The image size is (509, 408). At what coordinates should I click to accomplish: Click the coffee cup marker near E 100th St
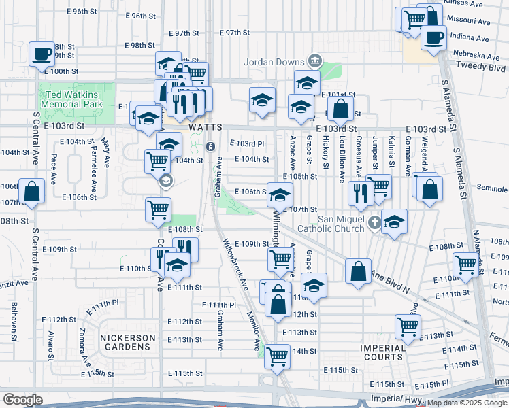[x=42, y=53]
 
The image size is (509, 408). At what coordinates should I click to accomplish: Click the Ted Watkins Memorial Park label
[x=71, y=99]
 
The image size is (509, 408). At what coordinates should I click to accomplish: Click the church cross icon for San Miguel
[x=374, y=222]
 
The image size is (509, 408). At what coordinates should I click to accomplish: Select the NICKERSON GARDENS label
[x=128, y=342]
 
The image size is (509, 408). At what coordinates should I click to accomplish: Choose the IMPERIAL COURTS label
[x=383, y=352]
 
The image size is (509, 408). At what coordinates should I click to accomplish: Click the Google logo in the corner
[x=22, y=399]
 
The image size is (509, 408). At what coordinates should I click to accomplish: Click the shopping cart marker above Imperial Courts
[x=407, y=326]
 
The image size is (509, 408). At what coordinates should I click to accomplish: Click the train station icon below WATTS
[x=211, y=146]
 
